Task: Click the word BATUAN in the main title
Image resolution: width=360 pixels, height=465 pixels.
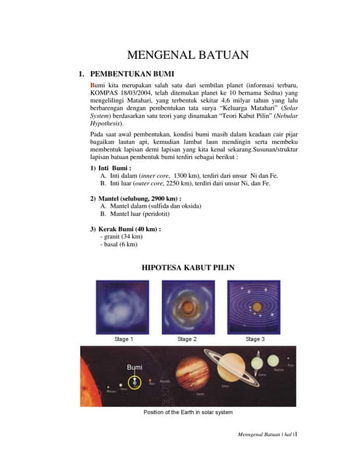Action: [217, 54]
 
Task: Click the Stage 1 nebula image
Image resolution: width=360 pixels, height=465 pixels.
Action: [123, 307]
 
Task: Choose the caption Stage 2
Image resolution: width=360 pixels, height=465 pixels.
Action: [187, 339]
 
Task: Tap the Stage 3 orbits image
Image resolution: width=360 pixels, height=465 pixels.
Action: [254, 307]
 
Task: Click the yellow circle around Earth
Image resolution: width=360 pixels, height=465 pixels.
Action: [134, 382]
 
